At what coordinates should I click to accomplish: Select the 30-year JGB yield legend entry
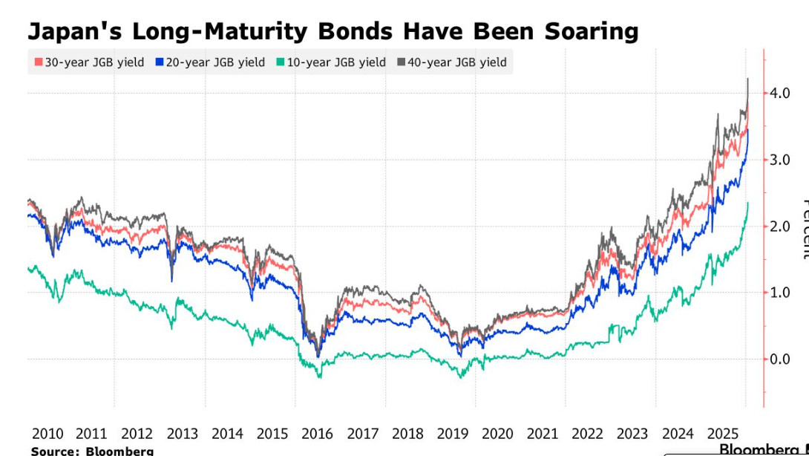click(88, 62)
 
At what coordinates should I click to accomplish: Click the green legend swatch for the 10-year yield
click(280, 62)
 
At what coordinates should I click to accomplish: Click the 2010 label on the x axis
click(47, 434)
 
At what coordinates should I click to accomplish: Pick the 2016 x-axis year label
click(317, 434)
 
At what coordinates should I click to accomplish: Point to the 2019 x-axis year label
click(452, 434)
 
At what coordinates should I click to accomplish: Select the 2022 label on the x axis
click(587, 434)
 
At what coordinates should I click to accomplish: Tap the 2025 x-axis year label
click(722, 434)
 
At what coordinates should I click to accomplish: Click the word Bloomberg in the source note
click(119, 451)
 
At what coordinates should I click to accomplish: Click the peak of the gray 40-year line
click(747, 79)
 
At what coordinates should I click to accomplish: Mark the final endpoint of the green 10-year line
click(747, 203)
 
